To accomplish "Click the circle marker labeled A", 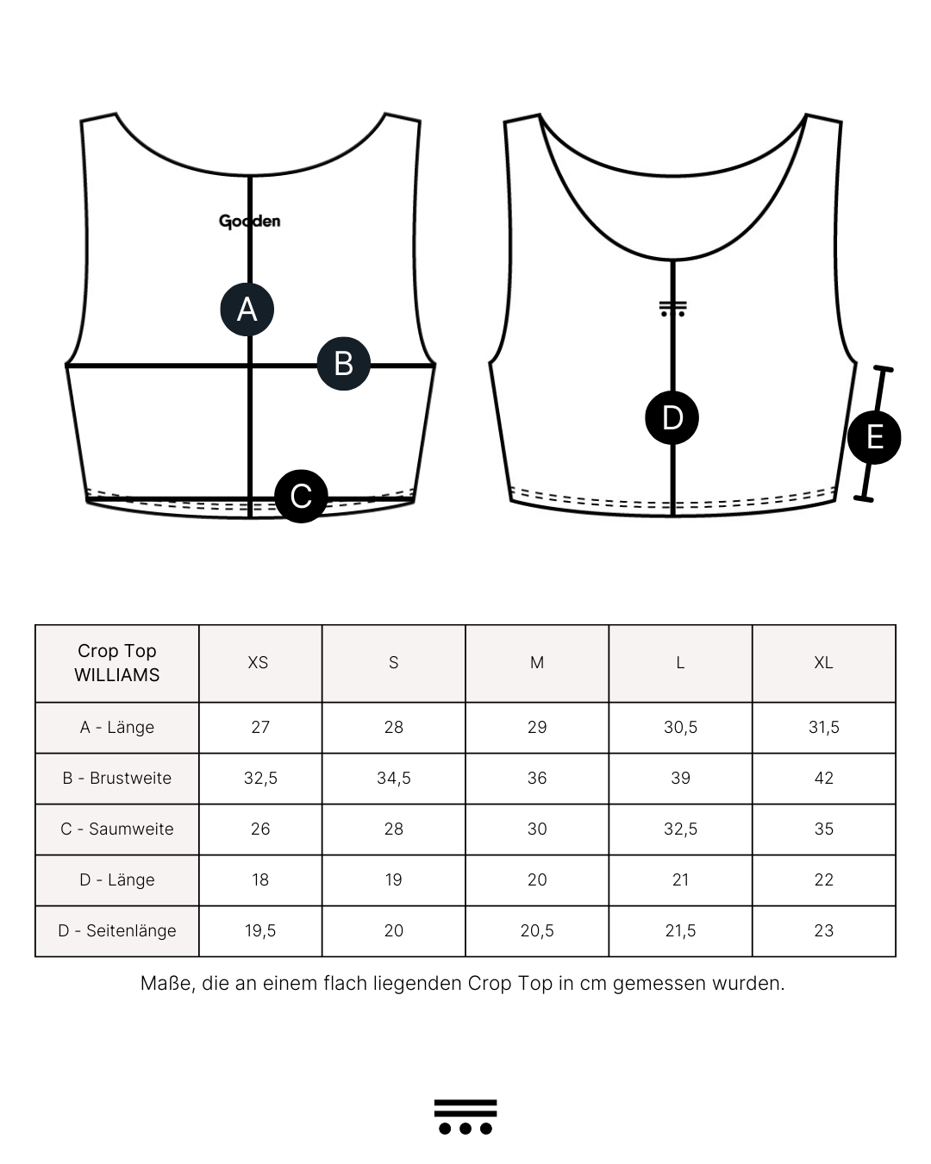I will [x=247, y=309].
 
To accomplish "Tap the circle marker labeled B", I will [x=344, y=364].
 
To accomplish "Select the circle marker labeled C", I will [x=301, y=496].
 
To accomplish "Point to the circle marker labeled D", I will [x=672, y=418].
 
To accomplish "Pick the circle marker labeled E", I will [x=874, y=437].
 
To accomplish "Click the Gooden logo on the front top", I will [x=249, y=222].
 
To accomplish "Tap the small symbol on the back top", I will [x=672, y=309].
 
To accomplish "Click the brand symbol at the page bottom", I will [x=465, y=1117].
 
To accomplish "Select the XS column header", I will [x=258, y=663].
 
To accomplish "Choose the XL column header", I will [x=823, y=663].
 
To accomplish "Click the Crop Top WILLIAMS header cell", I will [x=117, y=663].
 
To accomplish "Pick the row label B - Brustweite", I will [x=117, y=778].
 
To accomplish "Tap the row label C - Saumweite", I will [x=117, y=829].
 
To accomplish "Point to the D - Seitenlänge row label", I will [x=117, y=930].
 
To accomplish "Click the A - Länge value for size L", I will [x=680, y=727].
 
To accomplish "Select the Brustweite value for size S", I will [x=393, y=778].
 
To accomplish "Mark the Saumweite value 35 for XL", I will [x=823, y=829].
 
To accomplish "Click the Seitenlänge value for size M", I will [x=537, y=930].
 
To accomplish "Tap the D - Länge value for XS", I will [x=260, y=879].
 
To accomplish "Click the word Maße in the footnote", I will [x=165, y=983].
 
